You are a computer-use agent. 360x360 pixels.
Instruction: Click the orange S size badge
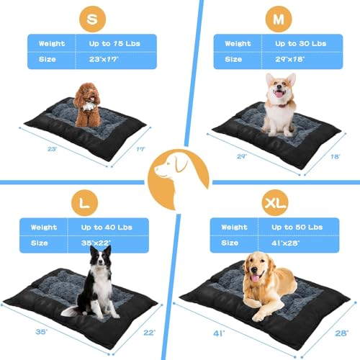tap(92, 19)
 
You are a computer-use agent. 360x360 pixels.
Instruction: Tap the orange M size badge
tap(279, 19)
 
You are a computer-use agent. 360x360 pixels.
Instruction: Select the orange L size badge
tap(84, 203)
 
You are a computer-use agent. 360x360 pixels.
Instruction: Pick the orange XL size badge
tap(275, 203)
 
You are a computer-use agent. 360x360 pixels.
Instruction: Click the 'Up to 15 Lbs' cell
tap(114, 43)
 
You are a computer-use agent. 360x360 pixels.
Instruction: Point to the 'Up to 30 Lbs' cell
tap(301, 43)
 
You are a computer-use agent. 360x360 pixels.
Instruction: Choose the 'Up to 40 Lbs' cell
tap(107, 228)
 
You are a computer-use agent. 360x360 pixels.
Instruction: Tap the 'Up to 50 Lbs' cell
tap(297, 227)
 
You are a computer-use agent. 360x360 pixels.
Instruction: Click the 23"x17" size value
tap(104, 59)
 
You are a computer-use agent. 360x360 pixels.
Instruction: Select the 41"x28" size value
tap(286, 243)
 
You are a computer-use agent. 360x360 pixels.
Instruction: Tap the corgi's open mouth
tap(279, 94)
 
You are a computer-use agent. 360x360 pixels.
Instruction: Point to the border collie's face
tap(101, 258)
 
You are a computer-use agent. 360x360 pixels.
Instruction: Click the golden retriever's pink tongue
tap(255, 279)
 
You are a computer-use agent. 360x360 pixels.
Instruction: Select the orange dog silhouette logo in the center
tap(178, 179)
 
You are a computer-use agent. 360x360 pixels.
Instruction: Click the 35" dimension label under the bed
tap(41, 332)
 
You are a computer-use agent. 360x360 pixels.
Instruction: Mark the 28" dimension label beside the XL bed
tap(341, 333)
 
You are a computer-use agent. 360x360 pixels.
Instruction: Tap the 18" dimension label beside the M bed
tap(335, 157)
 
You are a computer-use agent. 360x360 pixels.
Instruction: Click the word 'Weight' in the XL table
tap(234, 227)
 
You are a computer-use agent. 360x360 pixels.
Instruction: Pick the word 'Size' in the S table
tap(48, 59)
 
